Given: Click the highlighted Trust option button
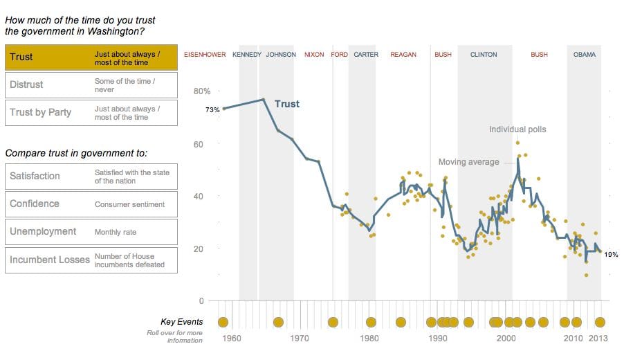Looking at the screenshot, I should (x=91, y=57).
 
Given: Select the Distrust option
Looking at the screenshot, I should (x=91, y=85).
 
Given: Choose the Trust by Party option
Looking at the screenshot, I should (x=91, y=113).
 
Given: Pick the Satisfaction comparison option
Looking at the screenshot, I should (x=91, y=177).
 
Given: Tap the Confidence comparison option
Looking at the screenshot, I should (x=91, y=204).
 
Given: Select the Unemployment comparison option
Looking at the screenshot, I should (x=91, y=232).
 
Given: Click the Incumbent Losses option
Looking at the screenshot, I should (x=91, y=260).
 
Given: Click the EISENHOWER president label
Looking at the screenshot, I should (x=205, y=55).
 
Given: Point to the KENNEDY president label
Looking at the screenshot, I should (x=247, y=55).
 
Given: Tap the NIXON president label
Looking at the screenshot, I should (x=313, y=55).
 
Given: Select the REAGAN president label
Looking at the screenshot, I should (x=403, y=55).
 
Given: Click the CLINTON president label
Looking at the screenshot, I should (x=484, y=55).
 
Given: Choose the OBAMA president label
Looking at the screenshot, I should (x=585, y=55).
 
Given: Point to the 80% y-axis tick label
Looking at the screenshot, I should (x=201, y=91).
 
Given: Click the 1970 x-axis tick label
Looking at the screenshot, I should (x=300, y=339).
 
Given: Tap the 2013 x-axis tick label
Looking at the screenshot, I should (x=598, y=339).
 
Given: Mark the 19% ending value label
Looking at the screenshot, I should (x=611, y=255).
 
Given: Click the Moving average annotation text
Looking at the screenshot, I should (x=468, y=162).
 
